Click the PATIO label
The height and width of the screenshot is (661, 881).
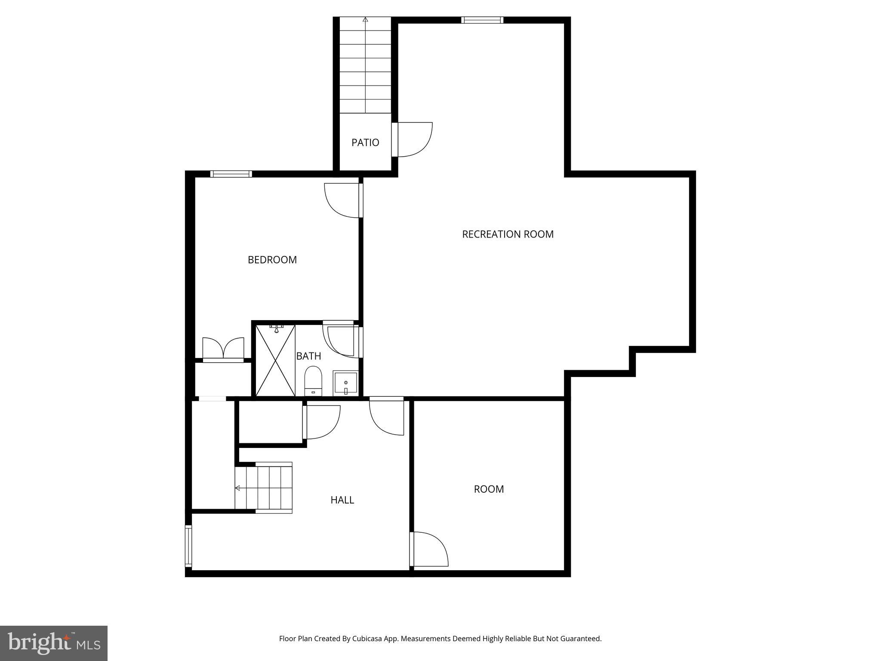pyautogui.click(x=365, y=142)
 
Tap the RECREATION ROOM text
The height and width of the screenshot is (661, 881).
pyautogui.click(x=508, y=234)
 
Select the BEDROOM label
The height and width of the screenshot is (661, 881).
pyautogui.click(x=272, y=259)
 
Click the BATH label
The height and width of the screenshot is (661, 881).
pyautogui.click(x=308, y=356)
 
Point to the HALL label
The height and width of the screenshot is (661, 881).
pyautogui.click(x=342, y=500)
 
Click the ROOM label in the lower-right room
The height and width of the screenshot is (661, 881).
pyautogui.click(x=489, y=489)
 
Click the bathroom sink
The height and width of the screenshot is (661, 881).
pyautogui.click(x=345, y=383)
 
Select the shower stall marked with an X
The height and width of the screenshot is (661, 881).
pyautogui.click(x=275, y=361)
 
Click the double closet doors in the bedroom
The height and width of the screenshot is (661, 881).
pyautogui.click(x=223, y=349)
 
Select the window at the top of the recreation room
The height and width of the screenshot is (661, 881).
pyautogui.click(x=482, y=20)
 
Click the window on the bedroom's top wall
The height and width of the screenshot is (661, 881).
pyautogui.click(x=231, y=174)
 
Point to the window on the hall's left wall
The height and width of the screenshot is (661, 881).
pyautogui.click(x=188, y=546)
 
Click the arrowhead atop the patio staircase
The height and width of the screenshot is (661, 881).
pyautogui.click(x=365, y=19)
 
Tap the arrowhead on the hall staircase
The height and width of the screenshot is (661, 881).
pyautogui.click(x=237, y=488)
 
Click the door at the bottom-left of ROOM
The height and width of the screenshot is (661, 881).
pyautogui.click(x=429, y=549)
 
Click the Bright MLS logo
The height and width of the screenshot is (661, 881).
pyautogui.click(x=54, y=643)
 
